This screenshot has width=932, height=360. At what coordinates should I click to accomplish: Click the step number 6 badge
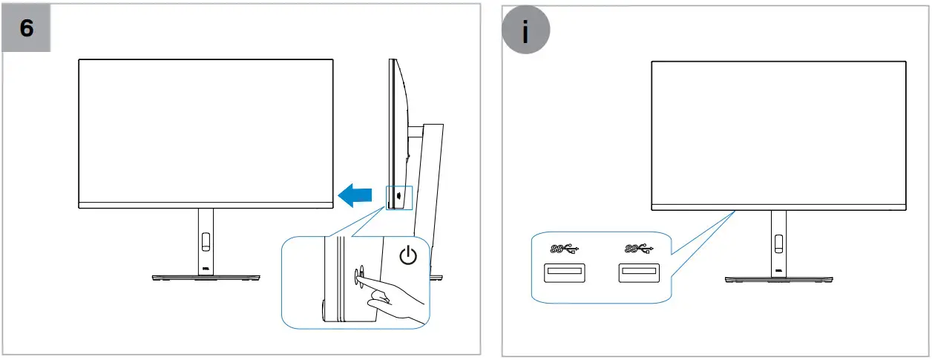click(x=26, y=29)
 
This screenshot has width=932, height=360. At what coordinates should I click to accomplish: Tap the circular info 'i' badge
click(x=525, y=33)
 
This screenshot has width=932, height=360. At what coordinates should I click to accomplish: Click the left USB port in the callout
click(x=565, y=273)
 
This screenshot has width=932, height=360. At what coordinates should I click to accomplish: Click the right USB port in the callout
click(x=638, y=273)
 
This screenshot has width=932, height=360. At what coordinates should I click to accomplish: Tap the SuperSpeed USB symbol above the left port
click(x=565, y=247)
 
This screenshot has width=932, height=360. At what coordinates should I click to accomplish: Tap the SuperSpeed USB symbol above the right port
click(x=637, y=247)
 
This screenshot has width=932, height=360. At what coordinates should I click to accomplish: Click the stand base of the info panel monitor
click(x=778, y=278)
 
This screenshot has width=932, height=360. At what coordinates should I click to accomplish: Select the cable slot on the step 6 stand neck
click(x=206, y=242)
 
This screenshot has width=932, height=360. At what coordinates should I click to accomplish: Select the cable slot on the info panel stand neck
click(x=778, y=242)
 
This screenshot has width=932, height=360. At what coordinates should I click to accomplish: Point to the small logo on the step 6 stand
click(x=206, y=269)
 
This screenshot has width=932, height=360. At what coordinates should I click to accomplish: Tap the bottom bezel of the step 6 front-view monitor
click(x=206, y=205)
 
